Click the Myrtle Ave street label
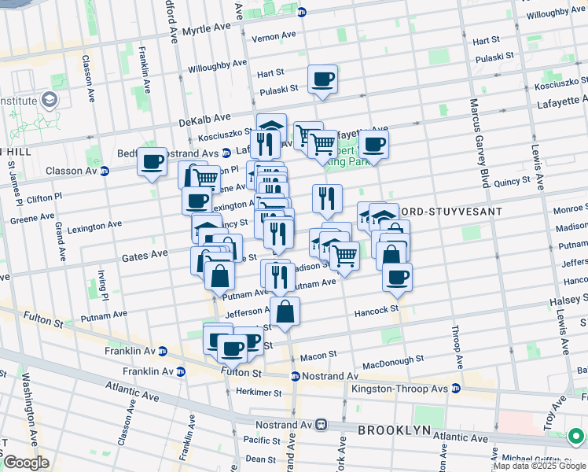pos(206,29)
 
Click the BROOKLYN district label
pos(395,430)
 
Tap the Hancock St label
pos(376,311)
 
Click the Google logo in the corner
pos(26,462)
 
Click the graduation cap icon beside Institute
pos(50,100)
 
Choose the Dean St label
pos(259,459)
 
